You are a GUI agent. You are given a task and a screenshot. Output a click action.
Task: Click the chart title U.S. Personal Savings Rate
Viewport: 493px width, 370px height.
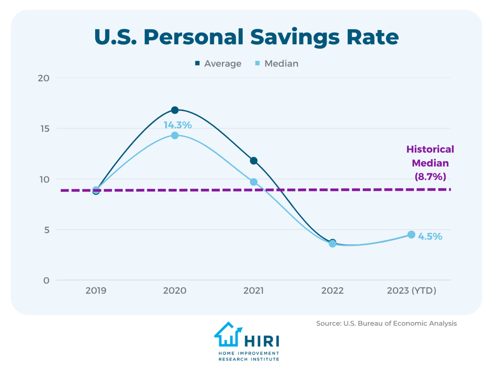click(246, 38)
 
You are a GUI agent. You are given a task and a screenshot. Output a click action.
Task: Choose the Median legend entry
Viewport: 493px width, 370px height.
click(276, 64)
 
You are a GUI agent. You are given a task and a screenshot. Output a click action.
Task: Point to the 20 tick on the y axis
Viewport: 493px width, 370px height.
click(45, 78)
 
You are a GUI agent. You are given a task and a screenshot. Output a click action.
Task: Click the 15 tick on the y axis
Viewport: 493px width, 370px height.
click(45, 129)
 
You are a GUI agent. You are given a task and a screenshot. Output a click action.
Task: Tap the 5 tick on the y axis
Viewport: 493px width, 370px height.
click(47, 230)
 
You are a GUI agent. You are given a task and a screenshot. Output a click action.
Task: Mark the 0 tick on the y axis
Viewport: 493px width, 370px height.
click(47, 280)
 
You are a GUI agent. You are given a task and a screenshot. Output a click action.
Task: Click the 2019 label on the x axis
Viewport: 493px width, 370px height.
click(96, 291)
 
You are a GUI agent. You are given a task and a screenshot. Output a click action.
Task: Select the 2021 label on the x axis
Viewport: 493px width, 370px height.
click(253, 291)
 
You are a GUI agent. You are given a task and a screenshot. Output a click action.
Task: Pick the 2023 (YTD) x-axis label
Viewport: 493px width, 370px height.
click(411, 291)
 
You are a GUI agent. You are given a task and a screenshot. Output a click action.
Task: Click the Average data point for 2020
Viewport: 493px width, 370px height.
click(175, 110)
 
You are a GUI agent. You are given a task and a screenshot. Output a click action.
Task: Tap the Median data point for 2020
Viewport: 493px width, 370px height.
click(175, 135)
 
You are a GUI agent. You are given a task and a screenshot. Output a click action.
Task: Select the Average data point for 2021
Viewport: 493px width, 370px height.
click(253, 161)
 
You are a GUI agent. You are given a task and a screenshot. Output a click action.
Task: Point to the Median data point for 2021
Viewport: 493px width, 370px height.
click(253, 182)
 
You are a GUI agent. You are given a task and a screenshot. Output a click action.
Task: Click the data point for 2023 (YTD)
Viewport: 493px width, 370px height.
click(411, 235)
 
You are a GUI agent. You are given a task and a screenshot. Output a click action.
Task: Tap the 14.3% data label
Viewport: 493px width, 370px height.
click(177, 125)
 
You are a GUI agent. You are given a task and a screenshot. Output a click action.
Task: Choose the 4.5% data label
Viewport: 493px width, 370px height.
click(430, 236)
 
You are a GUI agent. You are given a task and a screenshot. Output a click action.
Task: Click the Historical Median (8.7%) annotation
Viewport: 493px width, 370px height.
click(430, 162)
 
